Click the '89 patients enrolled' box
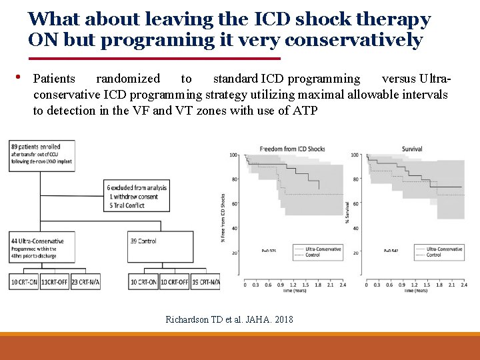(x=43, y=153)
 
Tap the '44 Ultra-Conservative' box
(x=43, y=247)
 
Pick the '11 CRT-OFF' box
(x=55, y=282)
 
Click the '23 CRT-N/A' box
(x=85, y=282)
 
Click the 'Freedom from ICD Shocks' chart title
(x=292, y=149)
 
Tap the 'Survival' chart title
(x=412, y=149)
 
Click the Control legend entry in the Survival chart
(x=433, y=255)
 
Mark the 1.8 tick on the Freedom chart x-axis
(x=320, y=285)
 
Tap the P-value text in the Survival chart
(x=391, y=251)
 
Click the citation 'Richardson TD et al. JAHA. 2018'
(x=229, y=319)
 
